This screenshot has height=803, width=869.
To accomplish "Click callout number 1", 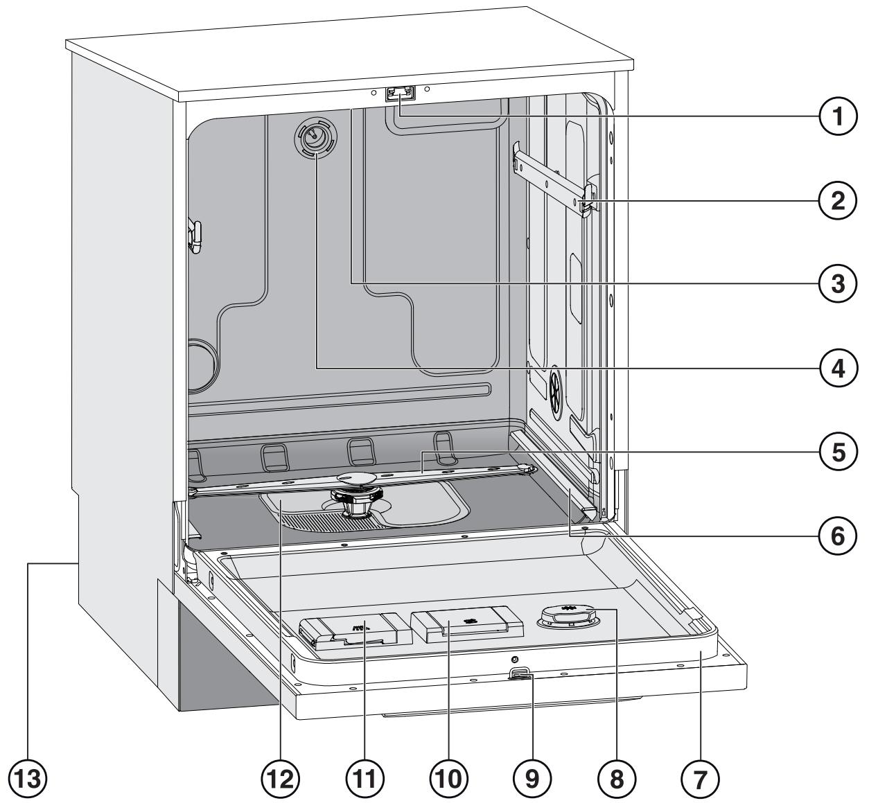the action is click(x=838, y=117).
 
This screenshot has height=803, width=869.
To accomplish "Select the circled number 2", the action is click(x=838, y=201).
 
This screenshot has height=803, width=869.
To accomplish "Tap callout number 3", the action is click(x=838, y=285).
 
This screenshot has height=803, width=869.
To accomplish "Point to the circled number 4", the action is click(x=838, y=369).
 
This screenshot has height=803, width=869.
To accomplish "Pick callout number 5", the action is click(x=838, y=452).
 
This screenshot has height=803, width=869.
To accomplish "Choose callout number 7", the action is click(x=700, y=779).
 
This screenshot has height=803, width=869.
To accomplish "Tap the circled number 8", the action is click(x=616, y=779).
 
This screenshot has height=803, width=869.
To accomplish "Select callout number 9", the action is click(x=532, y=779).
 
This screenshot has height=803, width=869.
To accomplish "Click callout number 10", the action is click(x=448, y=779).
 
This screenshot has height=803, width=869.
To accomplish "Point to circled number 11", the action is click(x=365, y=779).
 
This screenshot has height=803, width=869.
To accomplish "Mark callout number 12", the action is click(x=281, y=779).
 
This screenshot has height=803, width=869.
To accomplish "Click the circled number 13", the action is click(x=28, y=779).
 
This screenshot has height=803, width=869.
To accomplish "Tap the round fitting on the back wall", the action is click(x=316, y=137).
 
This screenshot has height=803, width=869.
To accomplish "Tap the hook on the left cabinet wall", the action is click(x=195, y=237).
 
